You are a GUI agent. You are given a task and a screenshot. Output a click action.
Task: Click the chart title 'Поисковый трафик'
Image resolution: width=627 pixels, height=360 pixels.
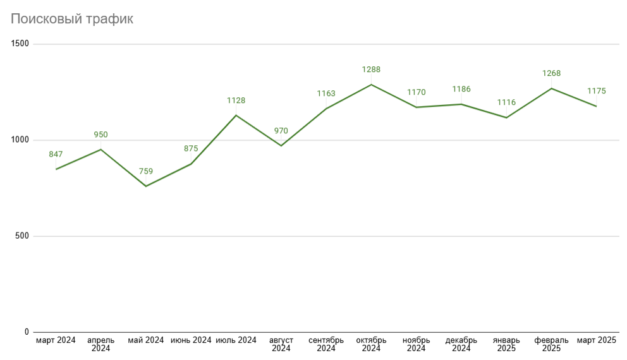72,20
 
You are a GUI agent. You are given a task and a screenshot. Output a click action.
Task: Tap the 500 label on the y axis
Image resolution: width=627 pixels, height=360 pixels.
23,236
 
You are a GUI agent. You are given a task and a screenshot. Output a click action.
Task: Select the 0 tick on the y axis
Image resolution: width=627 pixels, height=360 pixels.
27,332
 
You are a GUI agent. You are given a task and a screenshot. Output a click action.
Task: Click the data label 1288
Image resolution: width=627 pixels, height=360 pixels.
371,70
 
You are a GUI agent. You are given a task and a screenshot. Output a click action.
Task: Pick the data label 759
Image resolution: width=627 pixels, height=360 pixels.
146,171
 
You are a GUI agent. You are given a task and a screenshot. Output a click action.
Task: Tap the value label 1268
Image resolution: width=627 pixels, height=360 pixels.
551,73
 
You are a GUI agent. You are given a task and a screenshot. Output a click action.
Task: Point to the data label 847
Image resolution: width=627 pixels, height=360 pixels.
56,154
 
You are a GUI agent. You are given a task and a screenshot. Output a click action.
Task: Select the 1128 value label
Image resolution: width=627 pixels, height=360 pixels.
236,100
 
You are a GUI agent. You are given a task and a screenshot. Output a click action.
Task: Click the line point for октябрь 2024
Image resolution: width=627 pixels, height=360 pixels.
371,85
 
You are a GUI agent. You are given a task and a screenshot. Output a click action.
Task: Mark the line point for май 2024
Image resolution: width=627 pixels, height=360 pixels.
146,186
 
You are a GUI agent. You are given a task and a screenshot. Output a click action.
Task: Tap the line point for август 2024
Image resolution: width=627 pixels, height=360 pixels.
281,146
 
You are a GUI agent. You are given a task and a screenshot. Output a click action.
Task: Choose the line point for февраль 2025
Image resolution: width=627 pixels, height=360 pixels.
551,88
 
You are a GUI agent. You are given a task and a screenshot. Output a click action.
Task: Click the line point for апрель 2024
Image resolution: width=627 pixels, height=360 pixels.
101,150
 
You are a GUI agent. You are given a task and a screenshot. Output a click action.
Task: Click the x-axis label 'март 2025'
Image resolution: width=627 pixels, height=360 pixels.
596,340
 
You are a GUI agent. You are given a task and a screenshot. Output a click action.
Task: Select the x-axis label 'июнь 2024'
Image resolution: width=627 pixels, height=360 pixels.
191,340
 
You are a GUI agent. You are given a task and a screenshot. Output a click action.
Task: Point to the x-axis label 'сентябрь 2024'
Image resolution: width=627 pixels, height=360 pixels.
326,344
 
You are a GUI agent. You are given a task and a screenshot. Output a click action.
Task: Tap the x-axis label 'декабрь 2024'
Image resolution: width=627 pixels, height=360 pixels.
461,344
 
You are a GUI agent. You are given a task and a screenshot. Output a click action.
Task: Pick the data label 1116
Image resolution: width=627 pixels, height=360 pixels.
506,102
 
